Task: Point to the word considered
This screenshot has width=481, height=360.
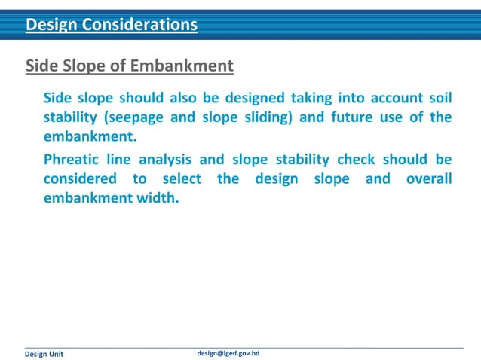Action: tap(80, 179)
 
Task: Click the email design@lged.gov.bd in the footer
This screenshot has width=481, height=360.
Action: tap(228, 352)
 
